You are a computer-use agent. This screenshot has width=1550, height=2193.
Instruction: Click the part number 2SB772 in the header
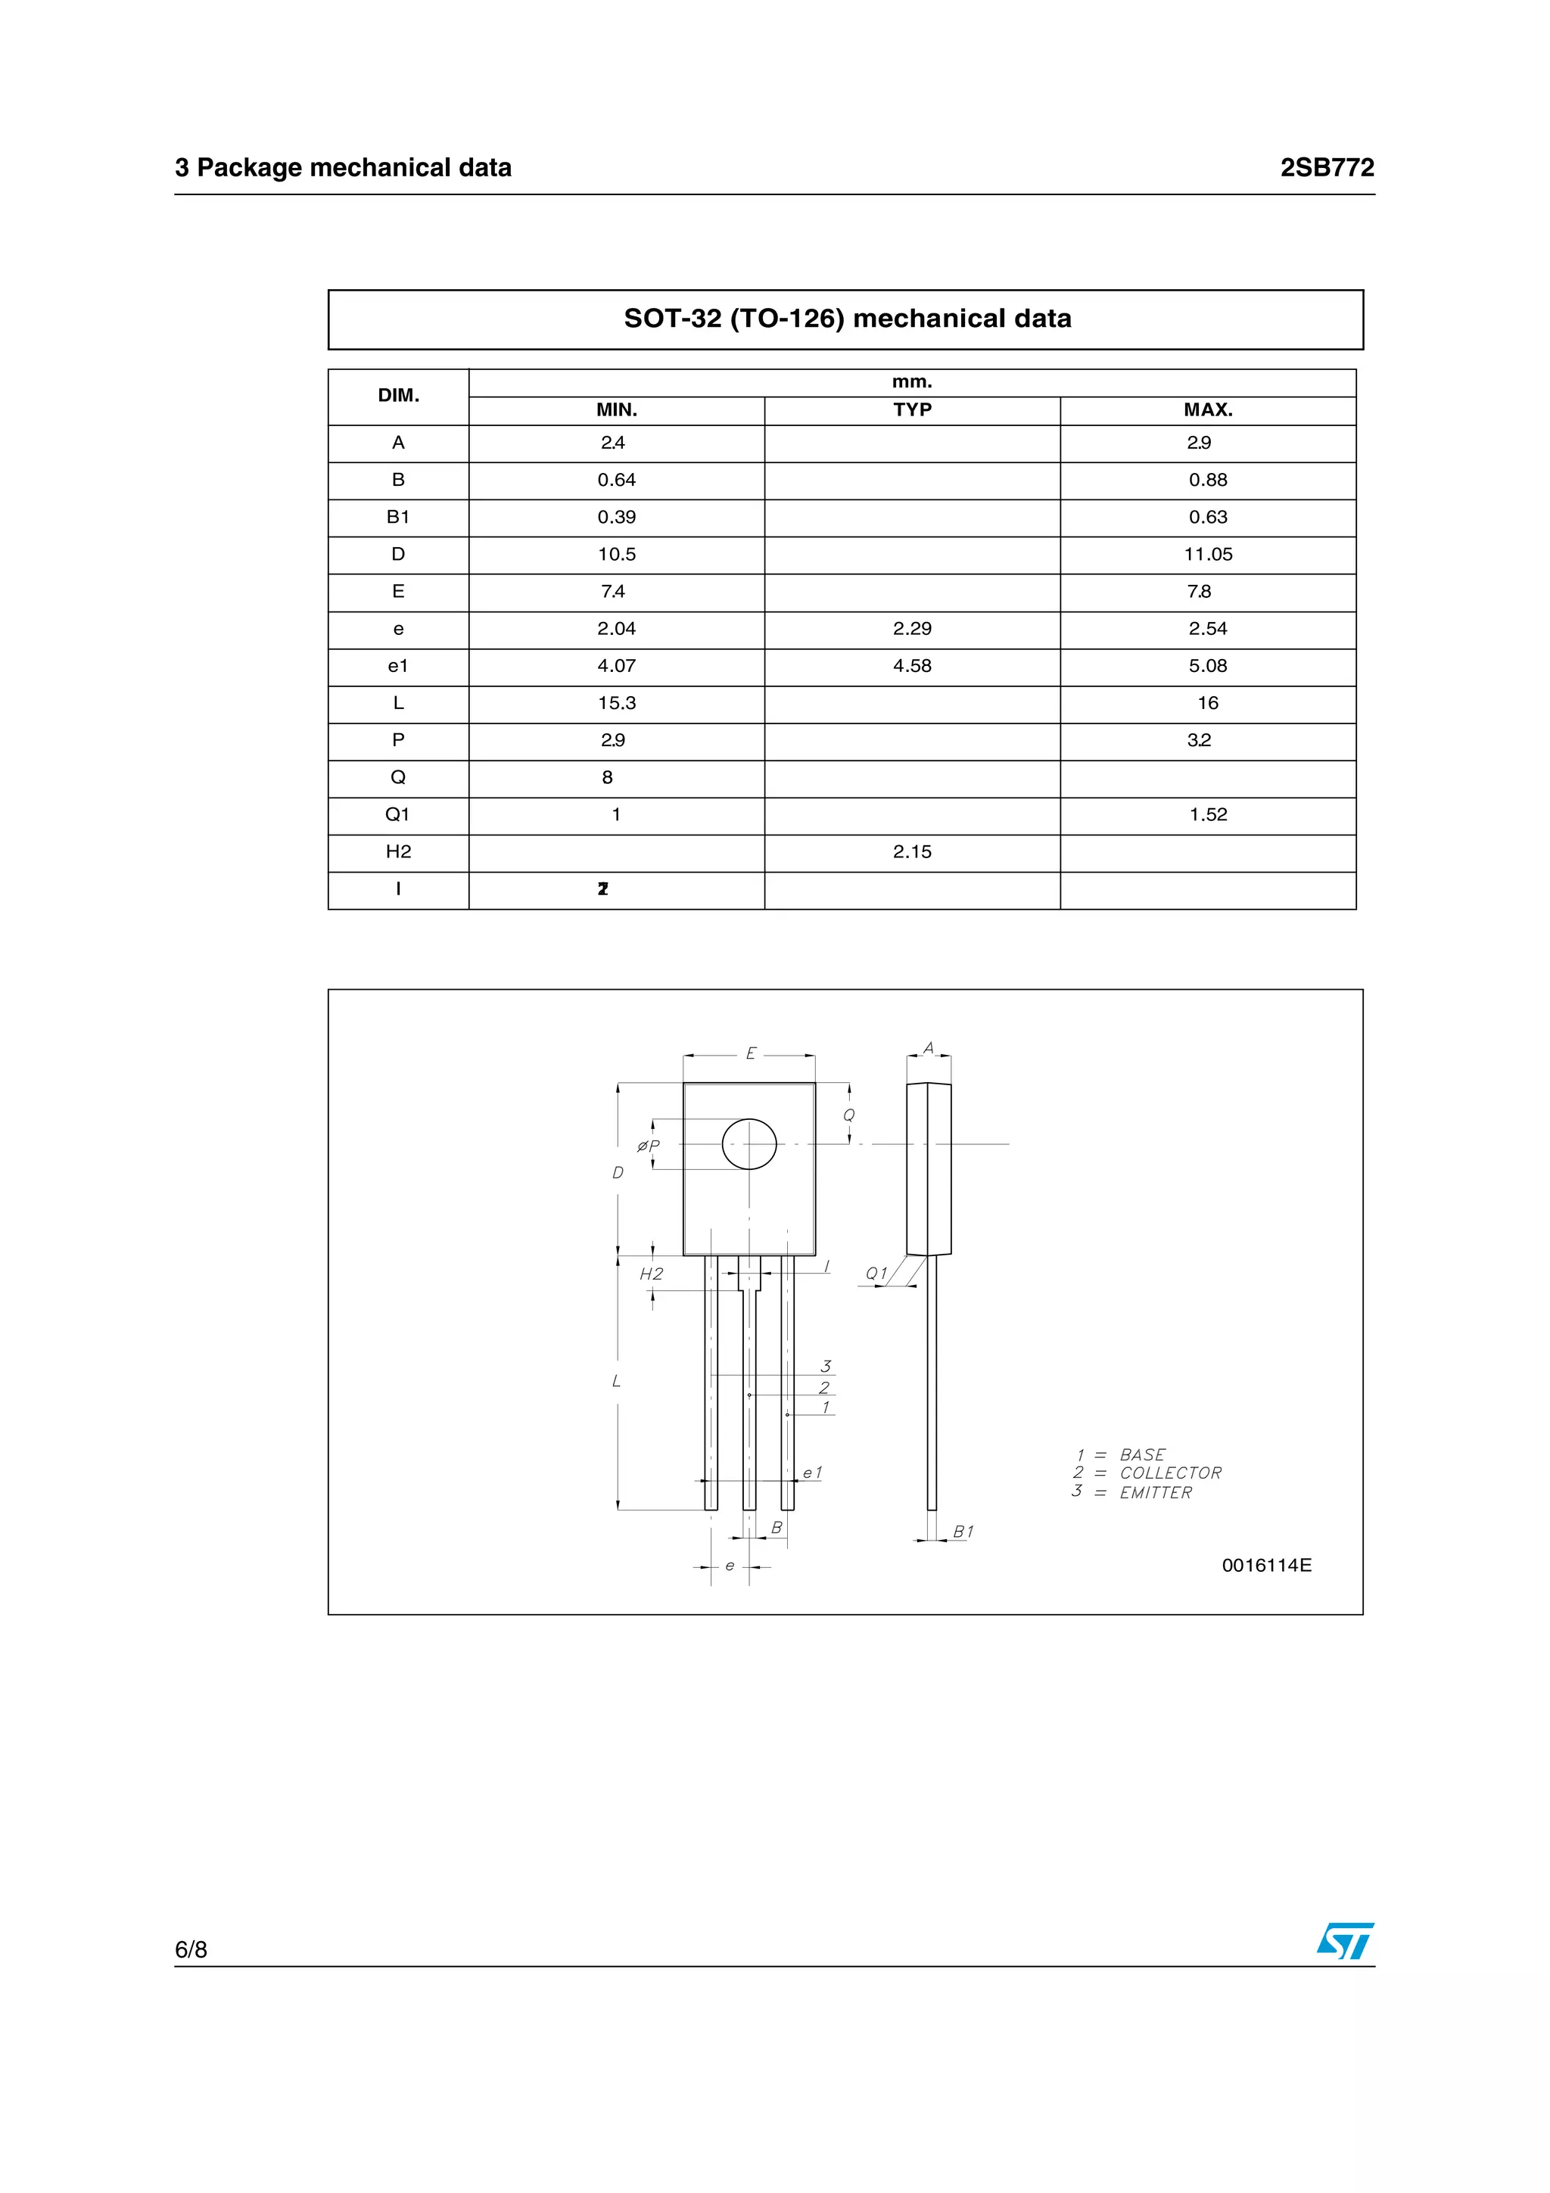[x=1327, y=168]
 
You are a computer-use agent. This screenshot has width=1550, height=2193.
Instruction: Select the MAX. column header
[x=1207, y=409]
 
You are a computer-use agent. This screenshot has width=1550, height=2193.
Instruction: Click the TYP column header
[x=912, y=409]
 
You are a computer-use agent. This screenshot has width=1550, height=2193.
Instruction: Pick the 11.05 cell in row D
[x=1207, y=554]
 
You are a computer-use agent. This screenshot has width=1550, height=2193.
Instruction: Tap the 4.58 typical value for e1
[x=912, y=666]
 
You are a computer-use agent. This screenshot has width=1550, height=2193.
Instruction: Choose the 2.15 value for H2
[x=912, y=852]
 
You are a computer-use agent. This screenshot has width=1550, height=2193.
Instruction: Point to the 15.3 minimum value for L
[x=616, y=703]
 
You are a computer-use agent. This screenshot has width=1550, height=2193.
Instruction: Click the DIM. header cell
[x=398, y=396]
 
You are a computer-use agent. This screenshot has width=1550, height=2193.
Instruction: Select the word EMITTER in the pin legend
[x=1156, y=1493]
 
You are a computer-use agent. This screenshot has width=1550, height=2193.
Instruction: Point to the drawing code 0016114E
[x=1266, y=1566]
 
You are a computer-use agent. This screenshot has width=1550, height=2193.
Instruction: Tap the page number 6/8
[x=191, y=1949]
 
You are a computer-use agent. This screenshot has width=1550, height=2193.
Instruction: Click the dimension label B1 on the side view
[x=963, y=1532]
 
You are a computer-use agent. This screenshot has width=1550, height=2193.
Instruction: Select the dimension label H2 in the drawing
[x=652, y=1274]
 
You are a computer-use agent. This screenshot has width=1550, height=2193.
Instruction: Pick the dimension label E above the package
[x=751, y=1053]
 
